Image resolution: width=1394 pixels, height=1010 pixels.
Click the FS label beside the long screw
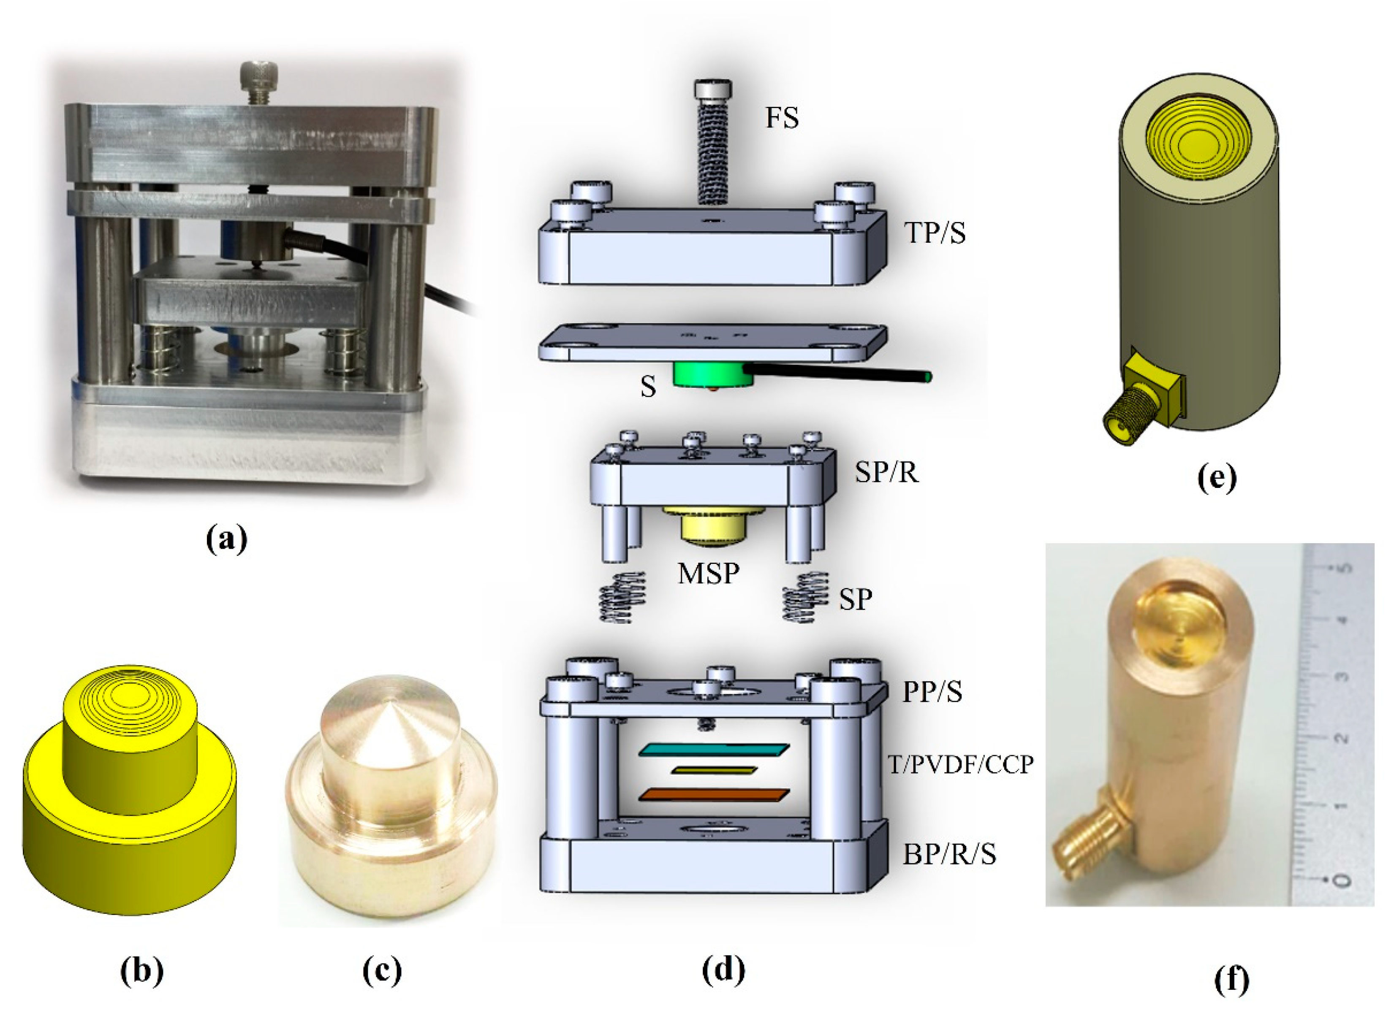tap(781, 117)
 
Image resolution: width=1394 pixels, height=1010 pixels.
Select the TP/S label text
tap(934, 233)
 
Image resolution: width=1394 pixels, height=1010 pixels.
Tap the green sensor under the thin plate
tap(712, 374)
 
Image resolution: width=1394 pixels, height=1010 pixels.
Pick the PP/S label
tap(931, 692)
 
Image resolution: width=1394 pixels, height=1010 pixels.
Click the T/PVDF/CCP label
tap(960, 764)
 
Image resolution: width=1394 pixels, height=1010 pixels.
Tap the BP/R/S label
tap(949, 854)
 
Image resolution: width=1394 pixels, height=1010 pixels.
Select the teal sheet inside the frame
tap(713, 750)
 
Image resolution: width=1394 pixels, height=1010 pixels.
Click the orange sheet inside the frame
tap(713, 794)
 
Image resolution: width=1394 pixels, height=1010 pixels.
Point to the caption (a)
tap(227, 539)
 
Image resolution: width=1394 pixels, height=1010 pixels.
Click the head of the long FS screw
tap(713, 90)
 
